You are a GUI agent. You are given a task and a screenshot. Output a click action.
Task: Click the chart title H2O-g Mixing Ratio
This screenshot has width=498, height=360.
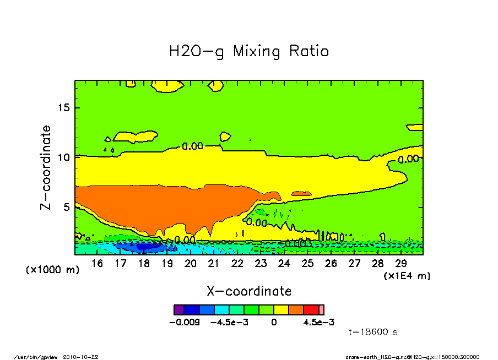tap(248, 52)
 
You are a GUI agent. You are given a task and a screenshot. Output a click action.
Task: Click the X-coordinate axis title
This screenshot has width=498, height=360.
tap(249, 291)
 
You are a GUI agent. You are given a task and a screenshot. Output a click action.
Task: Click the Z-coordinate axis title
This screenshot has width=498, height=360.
tap(46, 167)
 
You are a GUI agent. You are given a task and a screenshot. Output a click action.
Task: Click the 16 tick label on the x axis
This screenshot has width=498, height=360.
tap(97, 264)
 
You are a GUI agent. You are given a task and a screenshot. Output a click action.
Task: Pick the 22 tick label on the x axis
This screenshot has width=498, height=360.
tap(237, 264)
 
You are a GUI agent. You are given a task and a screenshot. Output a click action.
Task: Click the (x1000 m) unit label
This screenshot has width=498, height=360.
tap(53, 270)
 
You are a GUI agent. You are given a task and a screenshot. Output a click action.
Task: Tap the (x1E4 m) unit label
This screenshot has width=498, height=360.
tap(407, 275)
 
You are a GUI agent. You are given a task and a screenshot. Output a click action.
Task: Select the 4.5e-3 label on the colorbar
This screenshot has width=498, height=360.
tap(319, 322)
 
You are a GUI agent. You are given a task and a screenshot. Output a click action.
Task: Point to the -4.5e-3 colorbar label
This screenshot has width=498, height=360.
tap(230, 322)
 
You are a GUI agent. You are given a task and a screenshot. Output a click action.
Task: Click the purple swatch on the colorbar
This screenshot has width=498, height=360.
tap(178, 310)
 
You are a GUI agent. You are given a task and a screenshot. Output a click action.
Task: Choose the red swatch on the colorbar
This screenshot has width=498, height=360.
tap(311, 310)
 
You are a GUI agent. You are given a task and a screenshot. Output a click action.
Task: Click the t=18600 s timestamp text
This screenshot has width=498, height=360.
tap(373, 332)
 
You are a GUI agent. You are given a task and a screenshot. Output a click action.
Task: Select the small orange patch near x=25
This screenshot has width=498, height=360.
tap(301, 194)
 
